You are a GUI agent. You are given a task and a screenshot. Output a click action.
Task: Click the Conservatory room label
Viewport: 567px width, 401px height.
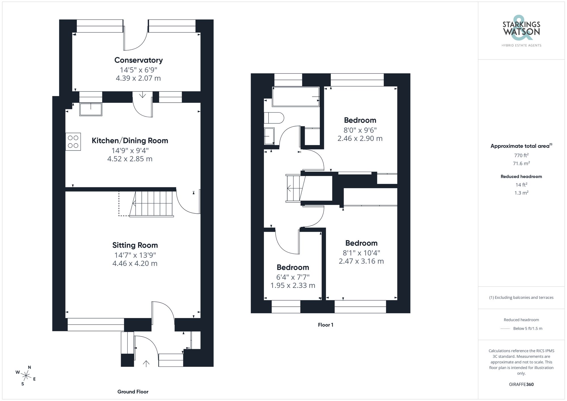138,60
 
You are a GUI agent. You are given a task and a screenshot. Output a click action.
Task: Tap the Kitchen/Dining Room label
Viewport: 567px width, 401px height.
130,141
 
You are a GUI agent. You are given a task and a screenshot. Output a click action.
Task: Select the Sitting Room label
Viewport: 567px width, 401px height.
135,245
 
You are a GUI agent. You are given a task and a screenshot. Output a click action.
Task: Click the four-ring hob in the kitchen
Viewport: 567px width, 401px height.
73,141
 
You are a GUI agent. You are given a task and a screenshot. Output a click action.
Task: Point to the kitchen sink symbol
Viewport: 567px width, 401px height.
91,109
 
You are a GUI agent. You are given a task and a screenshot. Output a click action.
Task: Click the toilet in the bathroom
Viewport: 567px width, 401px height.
274,118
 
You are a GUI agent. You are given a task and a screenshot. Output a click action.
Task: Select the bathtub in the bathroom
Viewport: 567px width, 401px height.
296,97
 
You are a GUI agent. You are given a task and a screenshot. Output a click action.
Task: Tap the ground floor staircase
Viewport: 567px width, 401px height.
153,203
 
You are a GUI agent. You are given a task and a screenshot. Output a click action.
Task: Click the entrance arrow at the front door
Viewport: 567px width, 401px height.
146,363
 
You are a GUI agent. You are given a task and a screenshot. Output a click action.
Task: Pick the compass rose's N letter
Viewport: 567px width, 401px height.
29,367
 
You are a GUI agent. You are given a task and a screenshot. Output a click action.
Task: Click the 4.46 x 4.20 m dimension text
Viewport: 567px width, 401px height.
135,264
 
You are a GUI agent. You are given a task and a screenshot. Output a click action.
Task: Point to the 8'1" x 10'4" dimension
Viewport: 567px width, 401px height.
361,253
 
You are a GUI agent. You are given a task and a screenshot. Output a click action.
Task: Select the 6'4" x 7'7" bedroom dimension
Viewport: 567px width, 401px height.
293,277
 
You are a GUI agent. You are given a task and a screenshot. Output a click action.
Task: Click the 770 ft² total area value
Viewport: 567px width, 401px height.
521,155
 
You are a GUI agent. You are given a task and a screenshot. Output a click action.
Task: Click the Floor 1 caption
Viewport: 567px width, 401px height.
325,325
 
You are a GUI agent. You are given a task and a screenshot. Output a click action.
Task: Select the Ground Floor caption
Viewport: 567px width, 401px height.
133,392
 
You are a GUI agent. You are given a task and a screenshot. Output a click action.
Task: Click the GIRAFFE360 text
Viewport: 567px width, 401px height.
521,384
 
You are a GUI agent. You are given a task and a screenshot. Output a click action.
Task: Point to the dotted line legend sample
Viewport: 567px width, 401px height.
505,329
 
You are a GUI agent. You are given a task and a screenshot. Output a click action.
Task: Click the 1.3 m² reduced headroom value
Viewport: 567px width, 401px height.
521,193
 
